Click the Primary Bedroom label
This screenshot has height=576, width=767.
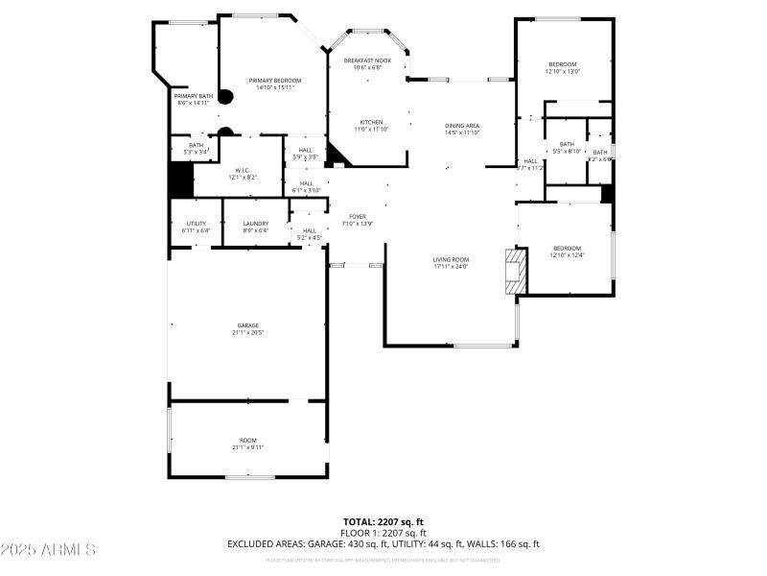point(275,80)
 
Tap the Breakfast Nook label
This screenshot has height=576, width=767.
point(367,60)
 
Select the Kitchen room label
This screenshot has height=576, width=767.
point(372,122)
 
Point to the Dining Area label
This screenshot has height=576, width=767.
point(462,126)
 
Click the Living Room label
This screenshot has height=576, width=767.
point(451,259)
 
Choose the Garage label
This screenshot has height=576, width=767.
point(248,325)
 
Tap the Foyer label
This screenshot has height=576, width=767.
point(358,217)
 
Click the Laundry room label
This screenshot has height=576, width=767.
point(255,224)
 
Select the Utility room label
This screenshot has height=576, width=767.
point(195,224)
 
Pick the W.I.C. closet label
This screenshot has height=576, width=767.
point(242,170)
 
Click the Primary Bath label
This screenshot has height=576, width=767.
point(192,96)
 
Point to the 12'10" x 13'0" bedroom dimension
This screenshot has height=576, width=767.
point(563,71)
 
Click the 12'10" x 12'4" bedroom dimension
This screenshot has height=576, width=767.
point(566,255)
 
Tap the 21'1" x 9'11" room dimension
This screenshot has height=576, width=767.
point(247,447)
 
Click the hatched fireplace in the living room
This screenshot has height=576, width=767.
point(516,273)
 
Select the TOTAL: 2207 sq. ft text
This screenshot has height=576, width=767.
point(383,521)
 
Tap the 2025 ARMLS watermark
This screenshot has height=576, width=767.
point(48,550)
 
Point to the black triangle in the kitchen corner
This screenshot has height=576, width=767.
point(338,156)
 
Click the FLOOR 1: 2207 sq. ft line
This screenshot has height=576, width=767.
point(383,533)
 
